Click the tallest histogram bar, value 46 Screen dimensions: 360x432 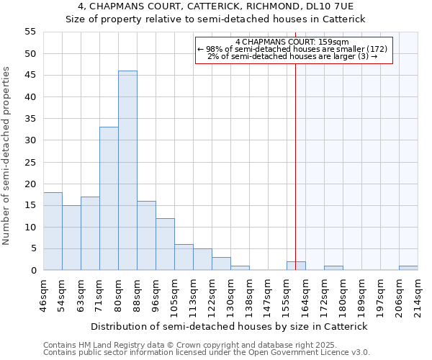pos(127,171)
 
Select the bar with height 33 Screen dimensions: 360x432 pos(109,199)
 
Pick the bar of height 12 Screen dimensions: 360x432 pos(165,244)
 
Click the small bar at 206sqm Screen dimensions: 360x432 pos(408,268)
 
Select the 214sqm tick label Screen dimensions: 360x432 pos(418,294)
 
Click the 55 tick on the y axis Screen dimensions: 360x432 pos(30,32)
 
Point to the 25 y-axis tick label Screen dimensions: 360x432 pos(30,162)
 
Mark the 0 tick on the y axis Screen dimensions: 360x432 pos(33,271)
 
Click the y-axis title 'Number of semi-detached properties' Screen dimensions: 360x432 pos(7,156)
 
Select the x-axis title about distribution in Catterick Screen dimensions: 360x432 pos(229,326)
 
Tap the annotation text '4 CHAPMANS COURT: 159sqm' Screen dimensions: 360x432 pos(292,42)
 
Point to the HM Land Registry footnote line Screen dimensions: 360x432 pos(205,345)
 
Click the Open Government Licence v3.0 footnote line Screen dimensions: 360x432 pos(206,353)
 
